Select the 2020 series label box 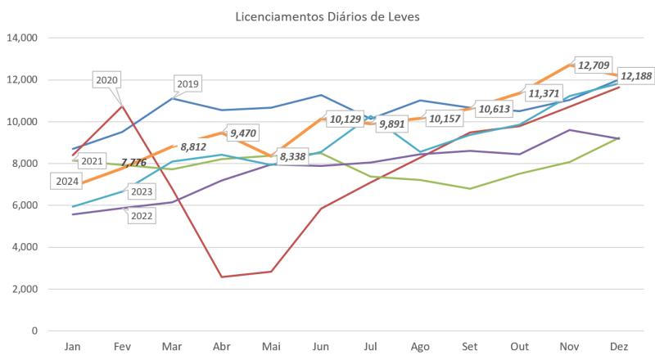(108, 80)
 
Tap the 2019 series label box (188, 83)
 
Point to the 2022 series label (142, 215)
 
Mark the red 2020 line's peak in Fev (121, 105)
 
